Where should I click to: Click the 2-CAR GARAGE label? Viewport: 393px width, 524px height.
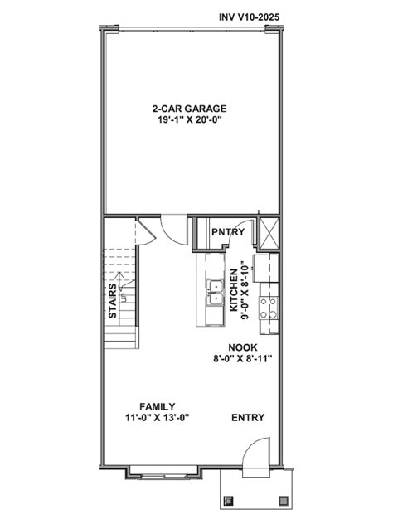pyautogui.click(x=189, y=109)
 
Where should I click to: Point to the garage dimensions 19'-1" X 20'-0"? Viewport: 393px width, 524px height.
pyautogui.click(x=189, y=120)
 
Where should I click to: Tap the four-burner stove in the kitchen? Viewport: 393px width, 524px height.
pyautogui.click(x=269, y=308)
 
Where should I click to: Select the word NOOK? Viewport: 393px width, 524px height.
pyautogui.click(x=243, y=347)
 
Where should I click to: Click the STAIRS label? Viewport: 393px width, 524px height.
pyautogui.click(x=112, y=303)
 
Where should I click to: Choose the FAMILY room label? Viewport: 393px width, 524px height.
pyautogui.click(x=157, y=406)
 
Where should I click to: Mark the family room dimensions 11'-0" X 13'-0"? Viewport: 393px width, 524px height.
pyautogui.click(x=157, y=418)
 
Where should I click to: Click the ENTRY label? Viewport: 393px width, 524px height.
pyautogui.click(x=248, y=418)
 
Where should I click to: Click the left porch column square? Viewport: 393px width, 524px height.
pyautogui.click(x=229, y=500)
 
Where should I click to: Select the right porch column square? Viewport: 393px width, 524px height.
pyautogui.click(x=284, y=500)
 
